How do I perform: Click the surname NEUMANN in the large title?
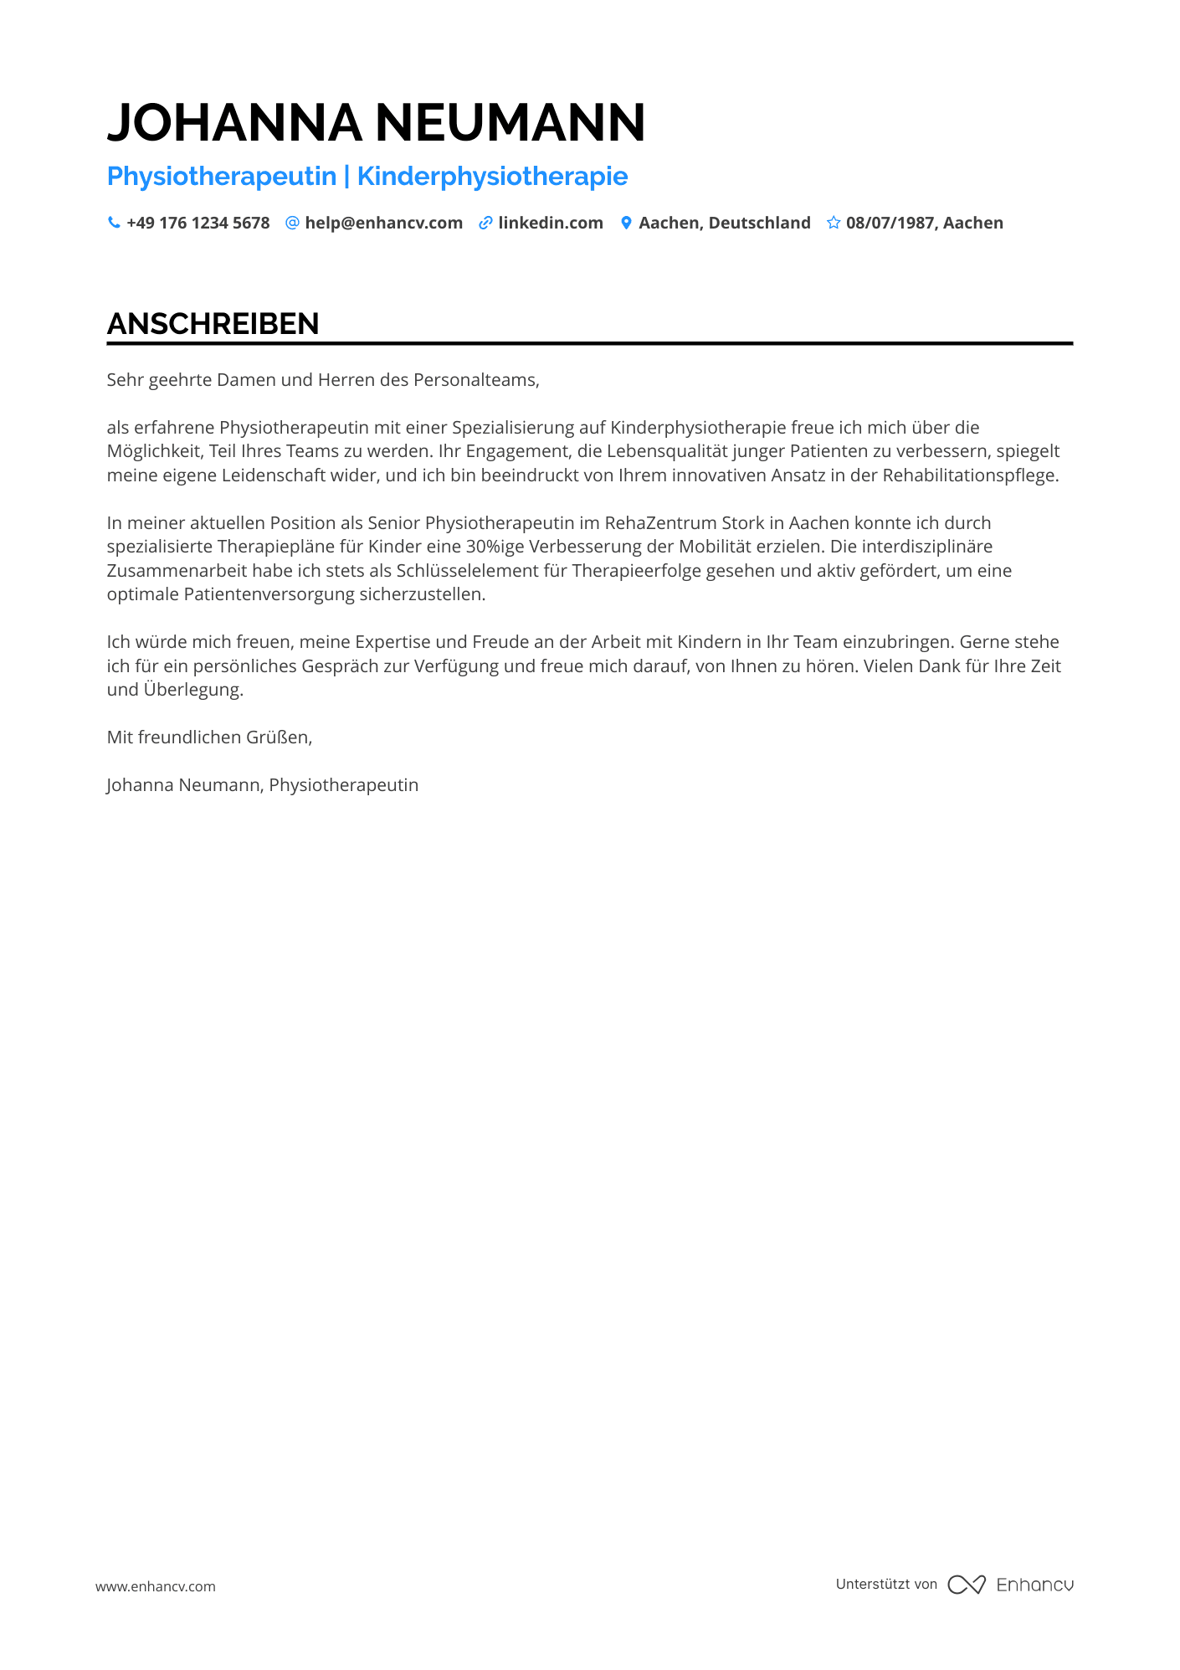510,123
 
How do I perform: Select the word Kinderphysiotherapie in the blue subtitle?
492,176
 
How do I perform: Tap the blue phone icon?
114,223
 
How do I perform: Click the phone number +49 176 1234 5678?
198,223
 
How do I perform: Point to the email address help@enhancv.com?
383,223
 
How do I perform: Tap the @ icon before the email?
292,223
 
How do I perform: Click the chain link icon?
485,223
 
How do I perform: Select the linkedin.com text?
550,223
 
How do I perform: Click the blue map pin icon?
626,223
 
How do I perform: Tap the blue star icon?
834,223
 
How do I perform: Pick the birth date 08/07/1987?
890,223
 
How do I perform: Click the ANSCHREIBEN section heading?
213,324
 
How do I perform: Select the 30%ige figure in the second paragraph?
495,547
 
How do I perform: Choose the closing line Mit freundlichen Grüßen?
209,737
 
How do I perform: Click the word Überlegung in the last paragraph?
192,690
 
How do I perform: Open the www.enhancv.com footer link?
156,1586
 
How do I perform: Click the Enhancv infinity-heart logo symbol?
967,1585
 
